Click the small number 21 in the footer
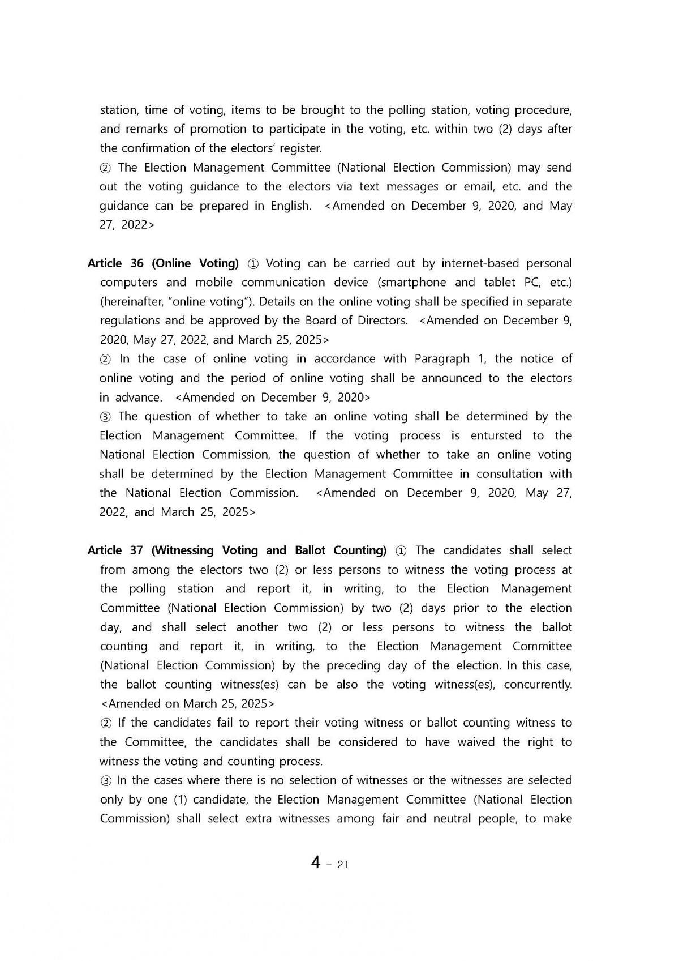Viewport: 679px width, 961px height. click(342, 864)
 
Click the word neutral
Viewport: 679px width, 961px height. click(463, 818)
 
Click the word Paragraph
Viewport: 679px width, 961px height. click(441, 359)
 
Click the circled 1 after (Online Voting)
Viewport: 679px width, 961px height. click(253, 264)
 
